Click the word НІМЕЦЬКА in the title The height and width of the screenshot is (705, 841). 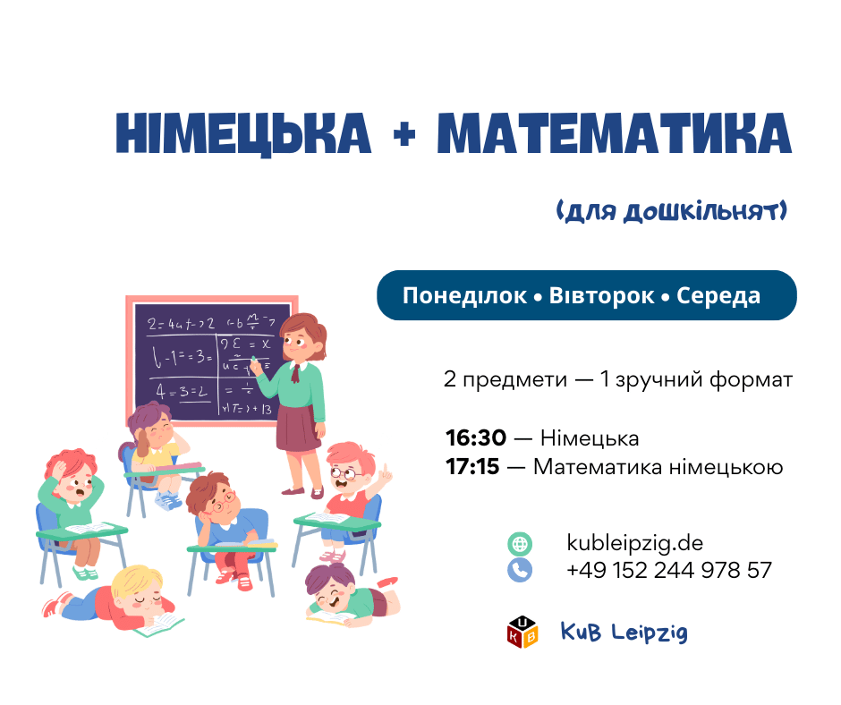tap(243, 134)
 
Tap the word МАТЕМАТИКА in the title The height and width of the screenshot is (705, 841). tap(615, 133)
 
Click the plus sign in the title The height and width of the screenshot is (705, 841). tap(404, 134)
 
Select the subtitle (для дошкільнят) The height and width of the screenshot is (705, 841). tap(672, 211)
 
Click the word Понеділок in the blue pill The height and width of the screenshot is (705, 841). tap(464, 295)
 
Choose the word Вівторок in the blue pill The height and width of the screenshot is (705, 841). tap(601, 295)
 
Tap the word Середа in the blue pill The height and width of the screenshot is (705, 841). tap(718, 295)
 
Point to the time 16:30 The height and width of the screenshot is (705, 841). tap(476, 438)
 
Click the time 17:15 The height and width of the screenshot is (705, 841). tap(472, 467)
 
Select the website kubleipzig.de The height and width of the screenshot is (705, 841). tap(634, 543)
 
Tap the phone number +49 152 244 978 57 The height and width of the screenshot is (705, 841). tap(669, 570)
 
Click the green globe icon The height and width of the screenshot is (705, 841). tap(520, 544)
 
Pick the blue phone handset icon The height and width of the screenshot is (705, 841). tap(520, 570)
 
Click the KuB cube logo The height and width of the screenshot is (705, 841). tap(522, 632)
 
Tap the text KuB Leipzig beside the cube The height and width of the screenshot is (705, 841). tap(624, 632)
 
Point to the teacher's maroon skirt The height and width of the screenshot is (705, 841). tap(298, 429)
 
